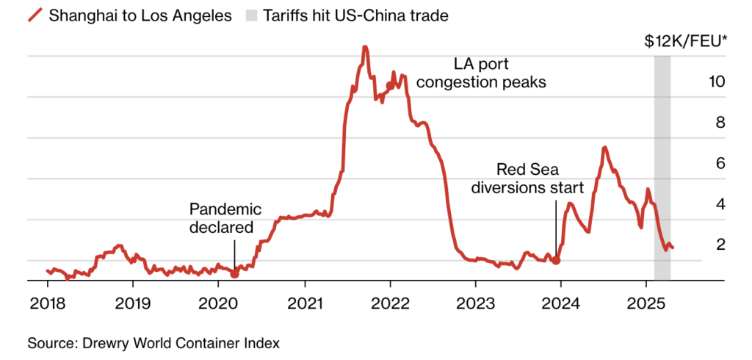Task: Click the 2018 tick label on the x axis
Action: click(48, 303)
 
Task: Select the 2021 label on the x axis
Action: click(304, 303)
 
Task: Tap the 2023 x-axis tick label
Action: click(475, 303)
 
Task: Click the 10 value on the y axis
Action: click(715, 82)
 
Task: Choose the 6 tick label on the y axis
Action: click(720, 163)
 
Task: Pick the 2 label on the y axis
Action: click(720, 244)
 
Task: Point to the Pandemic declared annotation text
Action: click(225, 218)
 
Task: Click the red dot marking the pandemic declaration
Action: click(235, 273)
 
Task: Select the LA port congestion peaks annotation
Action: click(481, 73)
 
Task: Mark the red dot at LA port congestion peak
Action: click(390, 85)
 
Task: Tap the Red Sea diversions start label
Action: click(527, 177)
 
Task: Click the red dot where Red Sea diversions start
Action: click(557, 260)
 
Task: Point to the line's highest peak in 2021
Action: click(364, 48)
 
